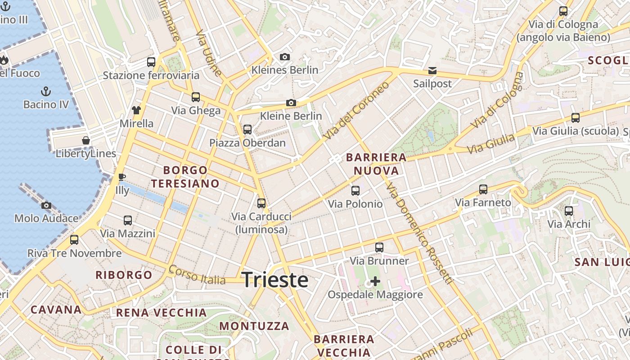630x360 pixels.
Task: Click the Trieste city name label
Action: tap(275, 280)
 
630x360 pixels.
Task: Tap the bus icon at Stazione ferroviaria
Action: tap(151, 62)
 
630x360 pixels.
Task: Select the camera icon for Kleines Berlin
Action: tap(284, 57)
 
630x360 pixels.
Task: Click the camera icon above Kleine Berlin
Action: tap(291, 103)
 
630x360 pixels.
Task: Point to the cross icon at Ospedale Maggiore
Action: tap(375, 282)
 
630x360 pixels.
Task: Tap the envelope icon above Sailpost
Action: tap(432, 70)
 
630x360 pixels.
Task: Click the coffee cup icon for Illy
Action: tap(121, 177)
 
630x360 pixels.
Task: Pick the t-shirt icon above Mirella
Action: tap(136, 110)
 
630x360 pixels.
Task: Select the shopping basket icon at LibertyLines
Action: tap(86, 140)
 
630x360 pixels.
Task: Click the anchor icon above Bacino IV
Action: tap(46, 91)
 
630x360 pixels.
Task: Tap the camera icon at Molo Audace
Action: tap(46, 206)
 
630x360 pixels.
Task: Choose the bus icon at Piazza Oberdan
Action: tap(247, 130)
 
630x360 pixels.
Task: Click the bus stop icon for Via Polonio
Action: tap(355, 191)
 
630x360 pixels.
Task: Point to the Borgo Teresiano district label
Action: tap(185, 177)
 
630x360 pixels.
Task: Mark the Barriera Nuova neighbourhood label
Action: tap(376, 164)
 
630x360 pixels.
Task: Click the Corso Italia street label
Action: tap(197, 275)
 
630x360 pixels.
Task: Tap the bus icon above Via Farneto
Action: tap(483, 189)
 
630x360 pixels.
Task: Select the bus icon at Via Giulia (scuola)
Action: tap(576, 118)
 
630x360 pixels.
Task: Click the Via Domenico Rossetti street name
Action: tap(418, 234)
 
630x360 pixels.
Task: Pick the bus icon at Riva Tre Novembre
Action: tap(74, 240)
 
